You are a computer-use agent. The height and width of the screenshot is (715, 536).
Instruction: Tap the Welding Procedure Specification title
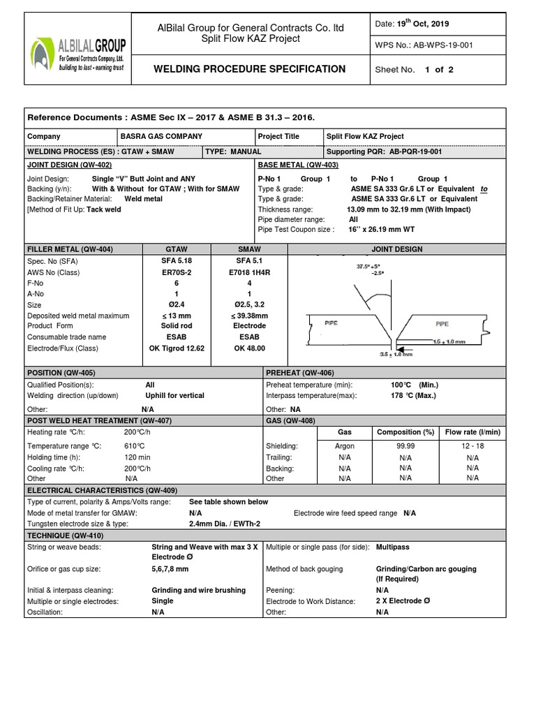tap(248, 69)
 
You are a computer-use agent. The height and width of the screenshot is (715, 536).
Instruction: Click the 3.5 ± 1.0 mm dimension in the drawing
tap(378, 354)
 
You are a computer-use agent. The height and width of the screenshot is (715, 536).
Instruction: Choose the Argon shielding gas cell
tap(345, 445)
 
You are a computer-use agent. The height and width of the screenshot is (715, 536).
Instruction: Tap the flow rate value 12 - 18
tap(472, 445)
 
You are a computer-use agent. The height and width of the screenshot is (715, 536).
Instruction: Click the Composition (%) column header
tap(406, 432)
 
